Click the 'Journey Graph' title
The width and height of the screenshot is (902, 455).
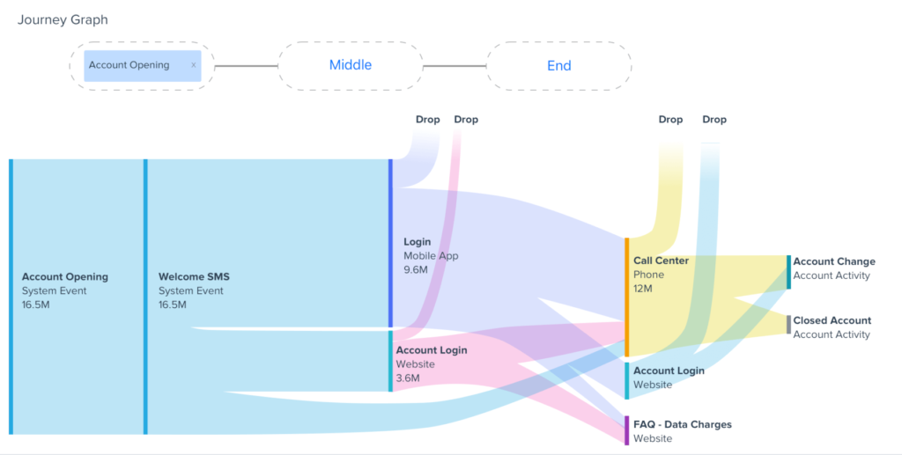pos(63,19)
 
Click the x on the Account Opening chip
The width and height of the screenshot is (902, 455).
pos(194,65)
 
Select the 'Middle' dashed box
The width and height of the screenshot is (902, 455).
pos(351,65)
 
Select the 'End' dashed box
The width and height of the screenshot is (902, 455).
pos(558,65)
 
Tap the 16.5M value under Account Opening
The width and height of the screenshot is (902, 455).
pos(36,305)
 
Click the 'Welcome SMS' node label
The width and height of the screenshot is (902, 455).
pos(194,276)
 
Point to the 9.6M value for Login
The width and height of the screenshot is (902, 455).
pos(416,269)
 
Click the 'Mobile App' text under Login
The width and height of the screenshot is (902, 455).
pos(431,255)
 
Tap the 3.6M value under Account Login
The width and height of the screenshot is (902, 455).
pos(408,378)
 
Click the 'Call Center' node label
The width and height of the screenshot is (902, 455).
pos(661,261)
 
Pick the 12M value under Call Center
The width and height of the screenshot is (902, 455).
pos(643,289)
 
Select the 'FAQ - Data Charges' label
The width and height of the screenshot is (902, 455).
pos(682,424)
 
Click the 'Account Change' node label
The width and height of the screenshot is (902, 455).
pos(833,261)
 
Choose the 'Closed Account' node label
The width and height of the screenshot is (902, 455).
pos(832,320)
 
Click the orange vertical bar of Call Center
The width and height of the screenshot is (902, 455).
pos(626,297)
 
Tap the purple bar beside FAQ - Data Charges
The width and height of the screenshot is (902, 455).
pos(626,430)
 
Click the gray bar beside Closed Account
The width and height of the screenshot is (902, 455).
pos(788,325)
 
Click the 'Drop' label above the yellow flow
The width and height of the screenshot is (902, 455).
pos(670,120)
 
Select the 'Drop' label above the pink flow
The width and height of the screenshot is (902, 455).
pos(465,120)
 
